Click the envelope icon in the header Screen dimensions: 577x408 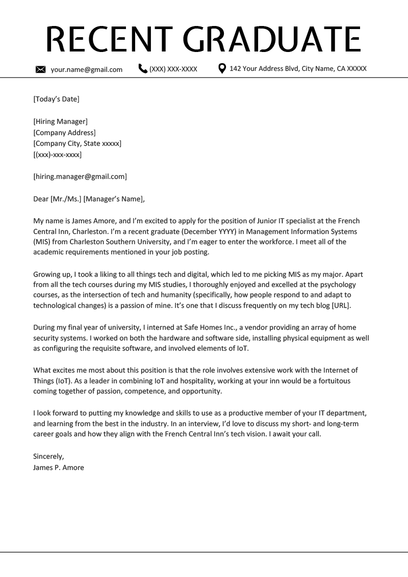(x=41, y=69)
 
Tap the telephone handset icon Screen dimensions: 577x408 (x=143, y=68)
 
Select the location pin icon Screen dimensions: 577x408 (x=222, y=68)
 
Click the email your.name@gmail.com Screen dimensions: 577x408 (x=86, y=69)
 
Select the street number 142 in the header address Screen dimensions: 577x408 (x=235, y=68)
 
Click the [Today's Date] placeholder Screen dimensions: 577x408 (x=56, y=99)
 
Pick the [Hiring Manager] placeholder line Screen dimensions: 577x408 (x=60, y=121)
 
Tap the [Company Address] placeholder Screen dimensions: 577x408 (x=64, y=133)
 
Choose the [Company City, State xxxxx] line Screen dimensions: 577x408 (x=77, y=143)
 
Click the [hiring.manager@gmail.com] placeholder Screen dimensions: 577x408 (x=80, y=176)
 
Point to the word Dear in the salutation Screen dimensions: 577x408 (x=41, y=199)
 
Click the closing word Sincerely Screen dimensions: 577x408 (x=48, y=456)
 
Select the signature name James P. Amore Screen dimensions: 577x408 (x=58, y=467)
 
